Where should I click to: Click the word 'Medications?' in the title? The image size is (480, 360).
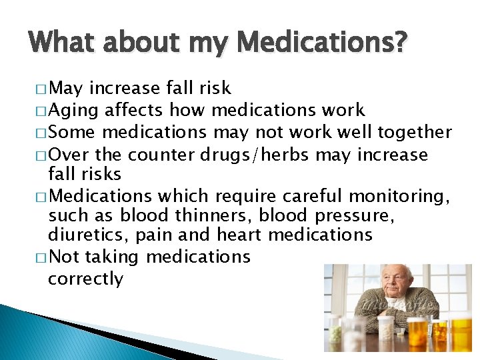tap(321, 44)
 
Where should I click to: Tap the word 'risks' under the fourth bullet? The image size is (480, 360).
tap(102, 175)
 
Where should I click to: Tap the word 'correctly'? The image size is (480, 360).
tap(85, 279)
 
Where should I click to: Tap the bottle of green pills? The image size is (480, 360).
tap(335, 333)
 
